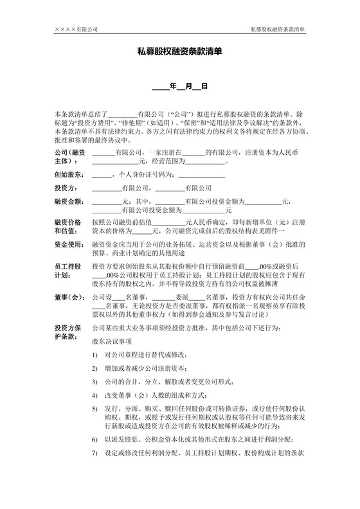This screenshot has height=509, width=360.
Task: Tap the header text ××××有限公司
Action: pos(76,29)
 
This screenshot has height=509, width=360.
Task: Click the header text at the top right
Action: pos(277,29)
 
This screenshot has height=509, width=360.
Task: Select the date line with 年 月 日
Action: pos(179,86)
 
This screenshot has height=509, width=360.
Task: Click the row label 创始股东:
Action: pos(69,174)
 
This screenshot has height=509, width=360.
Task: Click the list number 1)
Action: pos(94,355)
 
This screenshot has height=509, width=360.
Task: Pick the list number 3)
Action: pos(94,381)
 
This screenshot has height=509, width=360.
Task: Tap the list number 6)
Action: pos(94,440)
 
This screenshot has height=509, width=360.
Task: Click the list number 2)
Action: pos(94,368)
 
